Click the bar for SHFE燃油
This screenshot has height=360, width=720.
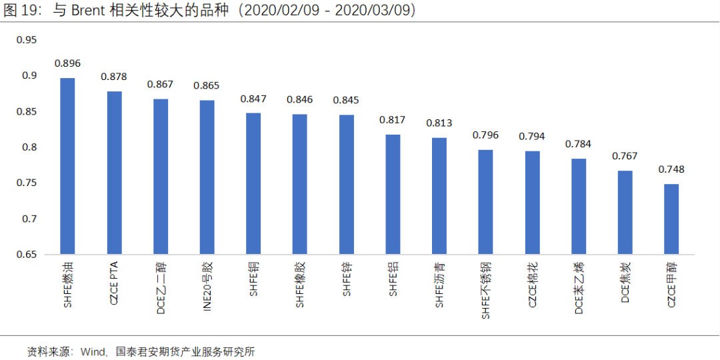[67, 166]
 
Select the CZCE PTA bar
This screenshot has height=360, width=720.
[115, 173]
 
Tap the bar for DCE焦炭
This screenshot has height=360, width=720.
[625, 213]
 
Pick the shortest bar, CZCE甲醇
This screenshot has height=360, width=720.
[671, 219]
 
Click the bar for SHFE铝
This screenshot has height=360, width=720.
[393, 195]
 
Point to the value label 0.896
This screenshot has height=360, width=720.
[67, 63]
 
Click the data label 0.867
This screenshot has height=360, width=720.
[160, 84]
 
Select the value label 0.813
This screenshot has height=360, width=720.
[439, 123]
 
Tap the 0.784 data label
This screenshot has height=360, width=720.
[578, 144]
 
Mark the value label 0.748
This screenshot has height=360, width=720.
[671, 169]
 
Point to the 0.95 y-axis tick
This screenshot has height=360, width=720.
[27, 40]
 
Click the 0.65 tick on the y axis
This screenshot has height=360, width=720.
[27, 255]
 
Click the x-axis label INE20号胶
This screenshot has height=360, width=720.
[207, 287]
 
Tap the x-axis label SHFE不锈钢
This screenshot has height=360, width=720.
[486, 290]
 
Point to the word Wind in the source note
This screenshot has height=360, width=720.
[92, 352]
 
